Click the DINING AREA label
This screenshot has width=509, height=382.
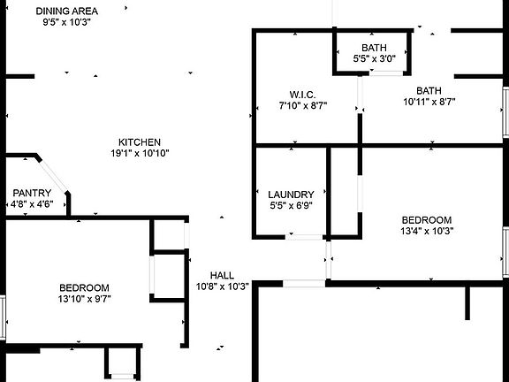click(67, 11)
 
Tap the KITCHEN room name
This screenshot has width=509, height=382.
click(140, 142)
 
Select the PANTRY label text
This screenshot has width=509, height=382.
click(32, 193)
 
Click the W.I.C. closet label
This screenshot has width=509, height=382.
click(302, 95)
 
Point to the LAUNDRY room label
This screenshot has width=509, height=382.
click(292, 195)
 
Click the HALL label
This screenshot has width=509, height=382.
click(222, 276)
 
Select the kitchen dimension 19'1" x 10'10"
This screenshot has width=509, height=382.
click(140, 153)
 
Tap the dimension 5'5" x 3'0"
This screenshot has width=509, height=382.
click(375, 58)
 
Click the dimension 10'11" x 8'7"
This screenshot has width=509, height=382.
click(429, 102)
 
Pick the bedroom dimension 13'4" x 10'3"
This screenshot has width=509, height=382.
click(427, 231)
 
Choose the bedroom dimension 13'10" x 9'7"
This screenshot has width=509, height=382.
click(85, 299)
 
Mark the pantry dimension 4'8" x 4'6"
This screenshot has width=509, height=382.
click(32, 204)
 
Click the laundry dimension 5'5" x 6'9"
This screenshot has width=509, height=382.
click(292, 206)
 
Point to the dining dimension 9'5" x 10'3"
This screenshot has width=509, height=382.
click(66, 22)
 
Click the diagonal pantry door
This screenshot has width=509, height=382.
click(53, 176)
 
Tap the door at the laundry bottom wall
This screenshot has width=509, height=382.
click(304, 237)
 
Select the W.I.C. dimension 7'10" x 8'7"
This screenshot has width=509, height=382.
click(303, 105)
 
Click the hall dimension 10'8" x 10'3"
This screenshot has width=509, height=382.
click(223, 286)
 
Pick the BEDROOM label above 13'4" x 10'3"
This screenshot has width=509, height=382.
click(427, 220)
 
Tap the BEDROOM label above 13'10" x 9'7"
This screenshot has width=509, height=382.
click(85, 287)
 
